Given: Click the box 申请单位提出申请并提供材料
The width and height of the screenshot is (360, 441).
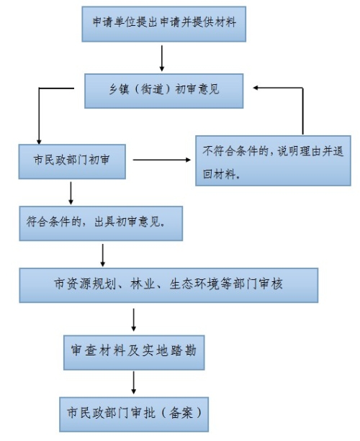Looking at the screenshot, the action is (x=164, y=24).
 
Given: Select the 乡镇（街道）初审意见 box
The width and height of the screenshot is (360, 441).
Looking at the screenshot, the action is (x=164, y=91).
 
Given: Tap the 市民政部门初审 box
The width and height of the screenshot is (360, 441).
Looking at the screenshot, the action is (x=72, y=161).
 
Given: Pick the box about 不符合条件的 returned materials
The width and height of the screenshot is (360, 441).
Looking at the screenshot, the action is (x=273, y=160).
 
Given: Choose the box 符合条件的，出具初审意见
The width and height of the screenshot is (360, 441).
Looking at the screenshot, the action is (x=101, y=223).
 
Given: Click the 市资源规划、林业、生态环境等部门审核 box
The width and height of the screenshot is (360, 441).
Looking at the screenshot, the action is (x=168, y=285).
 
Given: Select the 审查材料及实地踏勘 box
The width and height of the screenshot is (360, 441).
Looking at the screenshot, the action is (x=134, y=353).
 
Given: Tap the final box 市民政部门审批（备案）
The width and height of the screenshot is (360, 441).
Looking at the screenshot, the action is (x=134, y=414).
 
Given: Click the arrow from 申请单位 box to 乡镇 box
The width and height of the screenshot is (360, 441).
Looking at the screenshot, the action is (x=162, y=58).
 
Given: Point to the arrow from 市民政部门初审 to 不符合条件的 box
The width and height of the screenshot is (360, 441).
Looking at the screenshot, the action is (x=162, y=160).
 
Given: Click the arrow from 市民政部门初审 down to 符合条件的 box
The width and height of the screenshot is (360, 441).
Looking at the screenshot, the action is (x=71, y=194).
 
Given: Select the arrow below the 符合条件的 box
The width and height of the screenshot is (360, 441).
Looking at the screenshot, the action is (x=103, y=255).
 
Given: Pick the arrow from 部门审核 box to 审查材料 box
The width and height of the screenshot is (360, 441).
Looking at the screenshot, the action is (x=134, y=320).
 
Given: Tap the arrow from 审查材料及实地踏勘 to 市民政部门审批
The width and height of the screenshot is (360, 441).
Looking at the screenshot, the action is (x=134, y=383).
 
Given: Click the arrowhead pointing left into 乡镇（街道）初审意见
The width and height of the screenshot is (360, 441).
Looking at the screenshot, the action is (x=256, y=88).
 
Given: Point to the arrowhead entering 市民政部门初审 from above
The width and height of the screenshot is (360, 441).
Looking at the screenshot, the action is (x=39, y=142).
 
